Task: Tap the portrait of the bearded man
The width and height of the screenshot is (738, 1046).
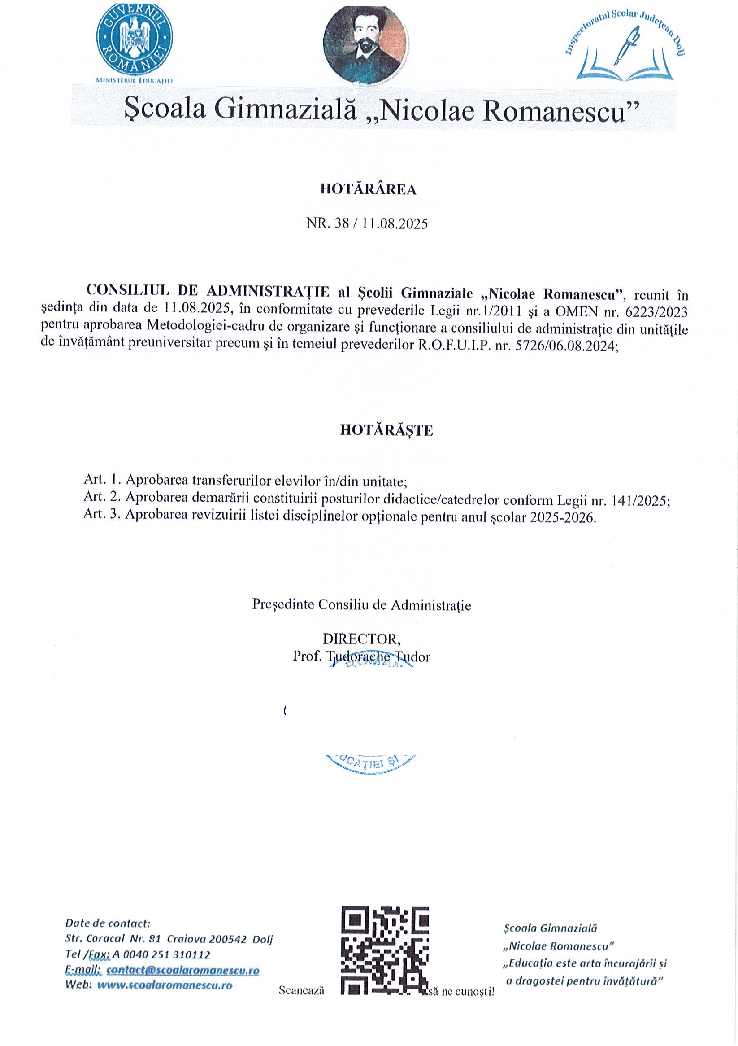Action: tap(365, 46)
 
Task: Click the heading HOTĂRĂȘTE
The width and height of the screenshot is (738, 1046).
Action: tap(386, 431)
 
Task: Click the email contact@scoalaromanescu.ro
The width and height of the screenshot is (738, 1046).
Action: tap(182, 970)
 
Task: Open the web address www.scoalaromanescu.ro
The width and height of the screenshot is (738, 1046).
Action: tap(165, 985)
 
